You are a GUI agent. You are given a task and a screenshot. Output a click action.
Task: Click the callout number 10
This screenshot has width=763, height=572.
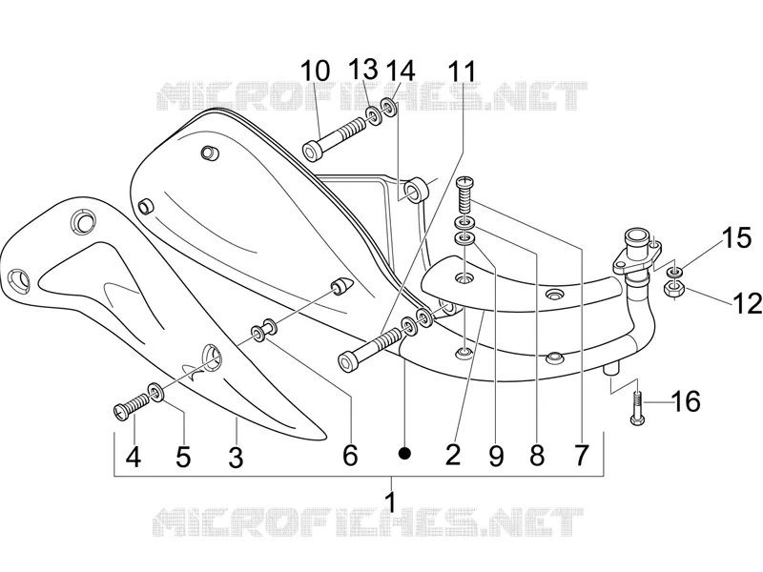pyautogui.click(x=316, y=71)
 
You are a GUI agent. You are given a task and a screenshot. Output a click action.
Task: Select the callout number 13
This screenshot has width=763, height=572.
pyautogui.click(x=364, y=69)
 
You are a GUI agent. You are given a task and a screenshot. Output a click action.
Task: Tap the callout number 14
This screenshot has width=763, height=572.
pyautogui.click(x=401, y=71)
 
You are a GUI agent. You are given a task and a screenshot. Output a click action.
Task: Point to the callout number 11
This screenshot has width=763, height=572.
pyautogui.click(x=462, y=72)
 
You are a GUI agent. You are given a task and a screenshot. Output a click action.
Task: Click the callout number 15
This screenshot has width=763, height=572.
pyautogui.click(x=736, y=238)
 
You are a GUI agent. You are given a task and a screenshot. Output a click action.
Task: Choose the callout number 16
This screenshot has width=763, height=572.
pyautogui.click(x=686, y=401)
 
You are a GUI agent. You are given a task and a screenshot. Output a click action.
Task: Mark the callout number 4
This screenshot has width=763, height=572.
pyautogui.click(x=134, y=458)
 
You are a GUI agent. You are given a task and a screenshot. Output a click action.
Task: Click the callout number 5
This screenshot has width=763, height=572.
pyautogui.click(x=183, y=458)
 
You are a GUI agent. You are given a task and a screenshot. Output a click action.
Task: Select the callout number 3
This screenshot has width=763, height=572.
pyautogui.click(x=236, y=458)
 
